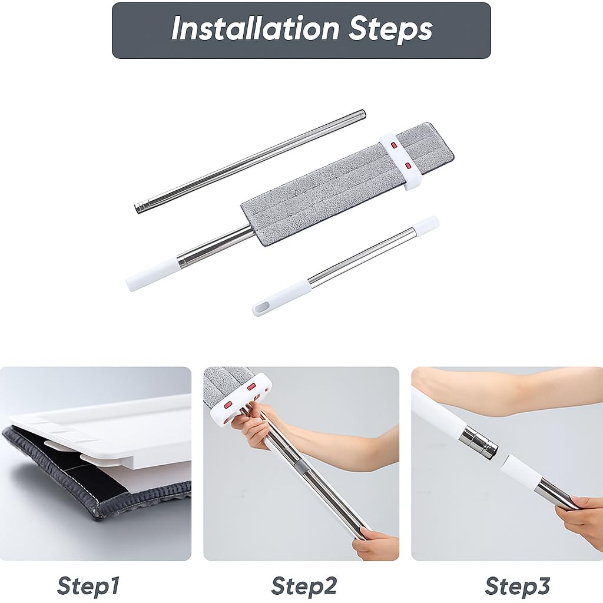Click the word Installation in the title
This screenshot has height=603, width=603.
(256, 28)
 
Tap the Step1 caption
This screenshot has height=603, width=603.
(88, 586)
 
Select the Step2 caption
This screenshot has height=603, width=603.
(304, 586)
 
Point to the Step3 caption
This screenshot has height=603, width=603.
(517, 586)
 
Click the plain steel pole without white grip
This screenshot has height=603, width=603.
(250, 160)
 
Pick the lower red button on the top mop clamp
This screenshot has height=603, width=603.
(408, 165)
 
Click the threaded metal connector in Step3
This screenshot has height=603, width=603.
(479, 443)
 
